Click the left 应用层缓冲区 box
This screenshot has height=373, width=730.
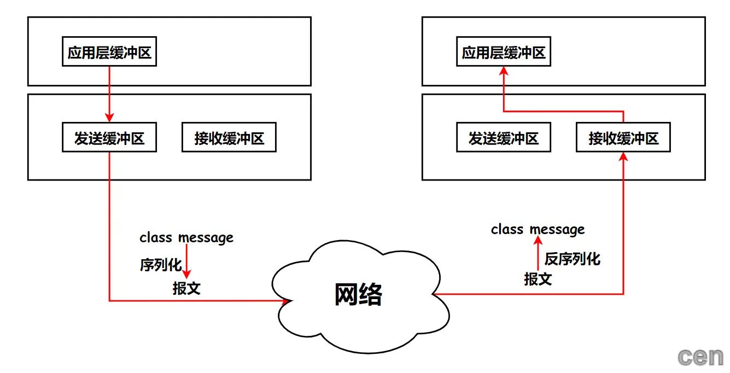(109, 53)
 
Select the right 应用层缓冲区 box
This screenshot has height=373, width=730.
(504, 53)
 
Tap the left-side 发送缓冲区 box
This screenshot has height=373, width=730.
(109, 138)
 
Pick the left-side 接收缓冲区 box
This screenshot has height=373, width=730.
(229, 138)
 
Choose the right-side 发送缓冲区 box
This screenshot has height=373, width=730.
(504, 138)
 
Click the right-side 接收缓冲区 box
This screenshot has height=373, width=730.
(623, 138)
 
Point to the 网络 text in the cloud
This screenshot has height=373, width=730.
(358, 295)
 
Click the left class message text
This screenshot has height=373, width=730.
(186, 238)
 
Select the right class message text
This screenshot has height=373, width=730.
(538, 229)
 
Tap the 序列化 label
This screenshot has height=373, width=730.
(160, 265)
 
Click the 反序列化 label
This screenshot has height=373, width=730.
(572, 259)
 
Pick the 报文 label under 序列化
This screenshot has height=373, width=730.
(186, 288)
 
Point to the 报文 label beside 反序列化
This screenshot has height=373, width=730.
(538, 279)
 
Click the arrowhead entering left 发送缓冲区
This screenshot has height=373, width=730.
(109, 118)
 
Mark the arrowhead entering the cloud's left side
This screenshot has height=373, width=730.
(285, 300)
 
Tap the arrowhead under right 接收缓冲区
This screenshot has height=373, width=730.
(623, 157)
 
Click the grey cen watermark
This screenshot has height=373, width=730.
(701, 357)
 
